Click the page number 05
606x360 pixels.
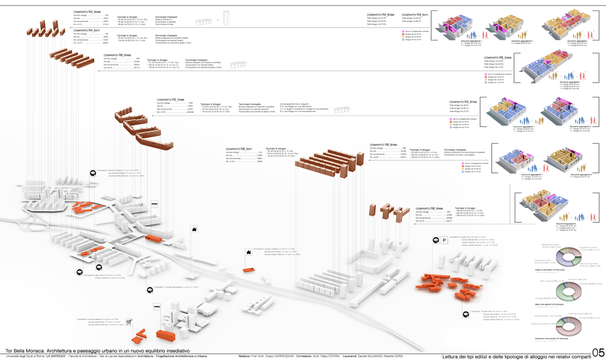point(598,353)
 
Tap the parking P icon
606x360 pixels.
point(444,240)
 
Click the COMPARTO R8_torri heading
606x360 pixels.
point(239,149)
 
